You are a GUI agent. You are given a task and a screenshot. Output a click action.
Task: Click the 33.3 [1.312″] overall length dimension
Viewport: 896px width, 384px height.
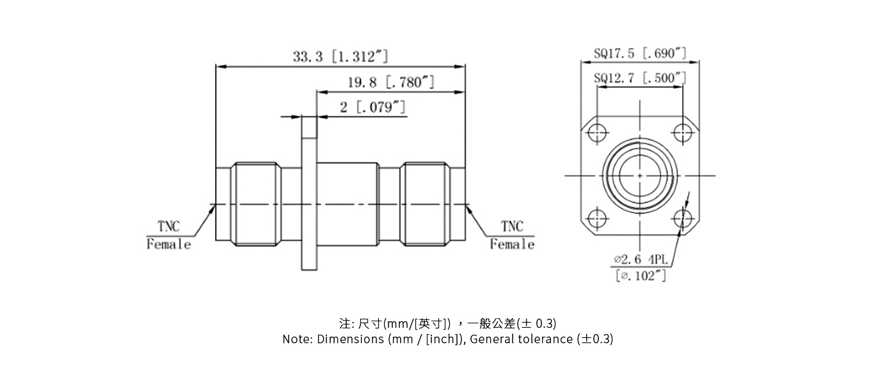click(340, 56)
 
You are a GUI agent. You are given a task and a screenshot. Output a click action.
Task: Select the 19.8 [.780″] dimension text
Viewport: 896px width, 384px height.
click(391, 82)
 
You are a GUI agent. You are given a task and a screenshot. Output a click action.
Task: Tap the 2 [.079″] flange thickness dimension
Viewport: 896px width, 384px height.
click(372, 107)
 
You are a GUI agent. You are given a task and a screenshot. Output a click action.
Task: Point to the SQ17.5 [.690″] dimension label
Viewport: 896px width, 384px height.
click(640, 53)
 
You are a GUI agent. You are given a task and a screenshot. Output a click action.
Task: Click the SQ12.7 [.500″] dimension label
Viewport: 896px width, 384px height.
click(640, 78)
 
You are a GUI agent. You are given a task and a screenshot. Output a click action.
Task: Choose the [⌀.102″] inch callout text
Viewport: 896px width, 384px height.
click(641, 276)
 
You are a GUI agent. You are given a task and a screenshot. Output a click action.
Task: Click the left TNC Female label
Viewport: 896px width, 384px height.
click(169, 236)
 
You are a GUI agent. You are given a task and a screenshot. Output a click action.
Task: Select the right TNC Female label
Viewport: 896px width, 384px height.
click(512, 236)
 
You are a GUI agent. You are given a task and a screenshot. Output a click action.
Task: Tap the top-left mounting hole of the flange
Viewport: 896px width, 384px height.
click(598, 132)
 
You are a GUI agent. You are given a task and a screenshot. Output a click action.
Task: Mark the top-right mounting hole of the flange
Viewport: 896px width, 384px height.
click(683, 132)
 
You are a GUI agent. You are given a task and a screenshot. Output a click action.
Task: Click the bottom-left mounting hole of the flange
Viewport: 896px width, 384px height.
click(598, 218)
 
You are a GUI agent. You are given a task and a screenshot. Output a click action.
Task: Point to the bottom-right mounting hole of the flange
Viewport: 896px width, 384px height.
click(683, 218)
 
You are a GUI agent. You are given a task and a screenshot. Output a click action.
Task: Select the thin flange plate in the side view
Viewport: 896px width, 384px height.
click(308, 192)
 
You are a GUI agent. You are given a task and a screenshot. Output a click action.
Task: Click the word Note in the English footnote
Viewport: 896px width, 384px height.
click(297, 339)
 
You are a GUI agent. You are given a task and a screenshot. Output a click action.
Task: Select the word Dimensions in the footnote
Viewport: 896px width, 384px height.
click(350, 339)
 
